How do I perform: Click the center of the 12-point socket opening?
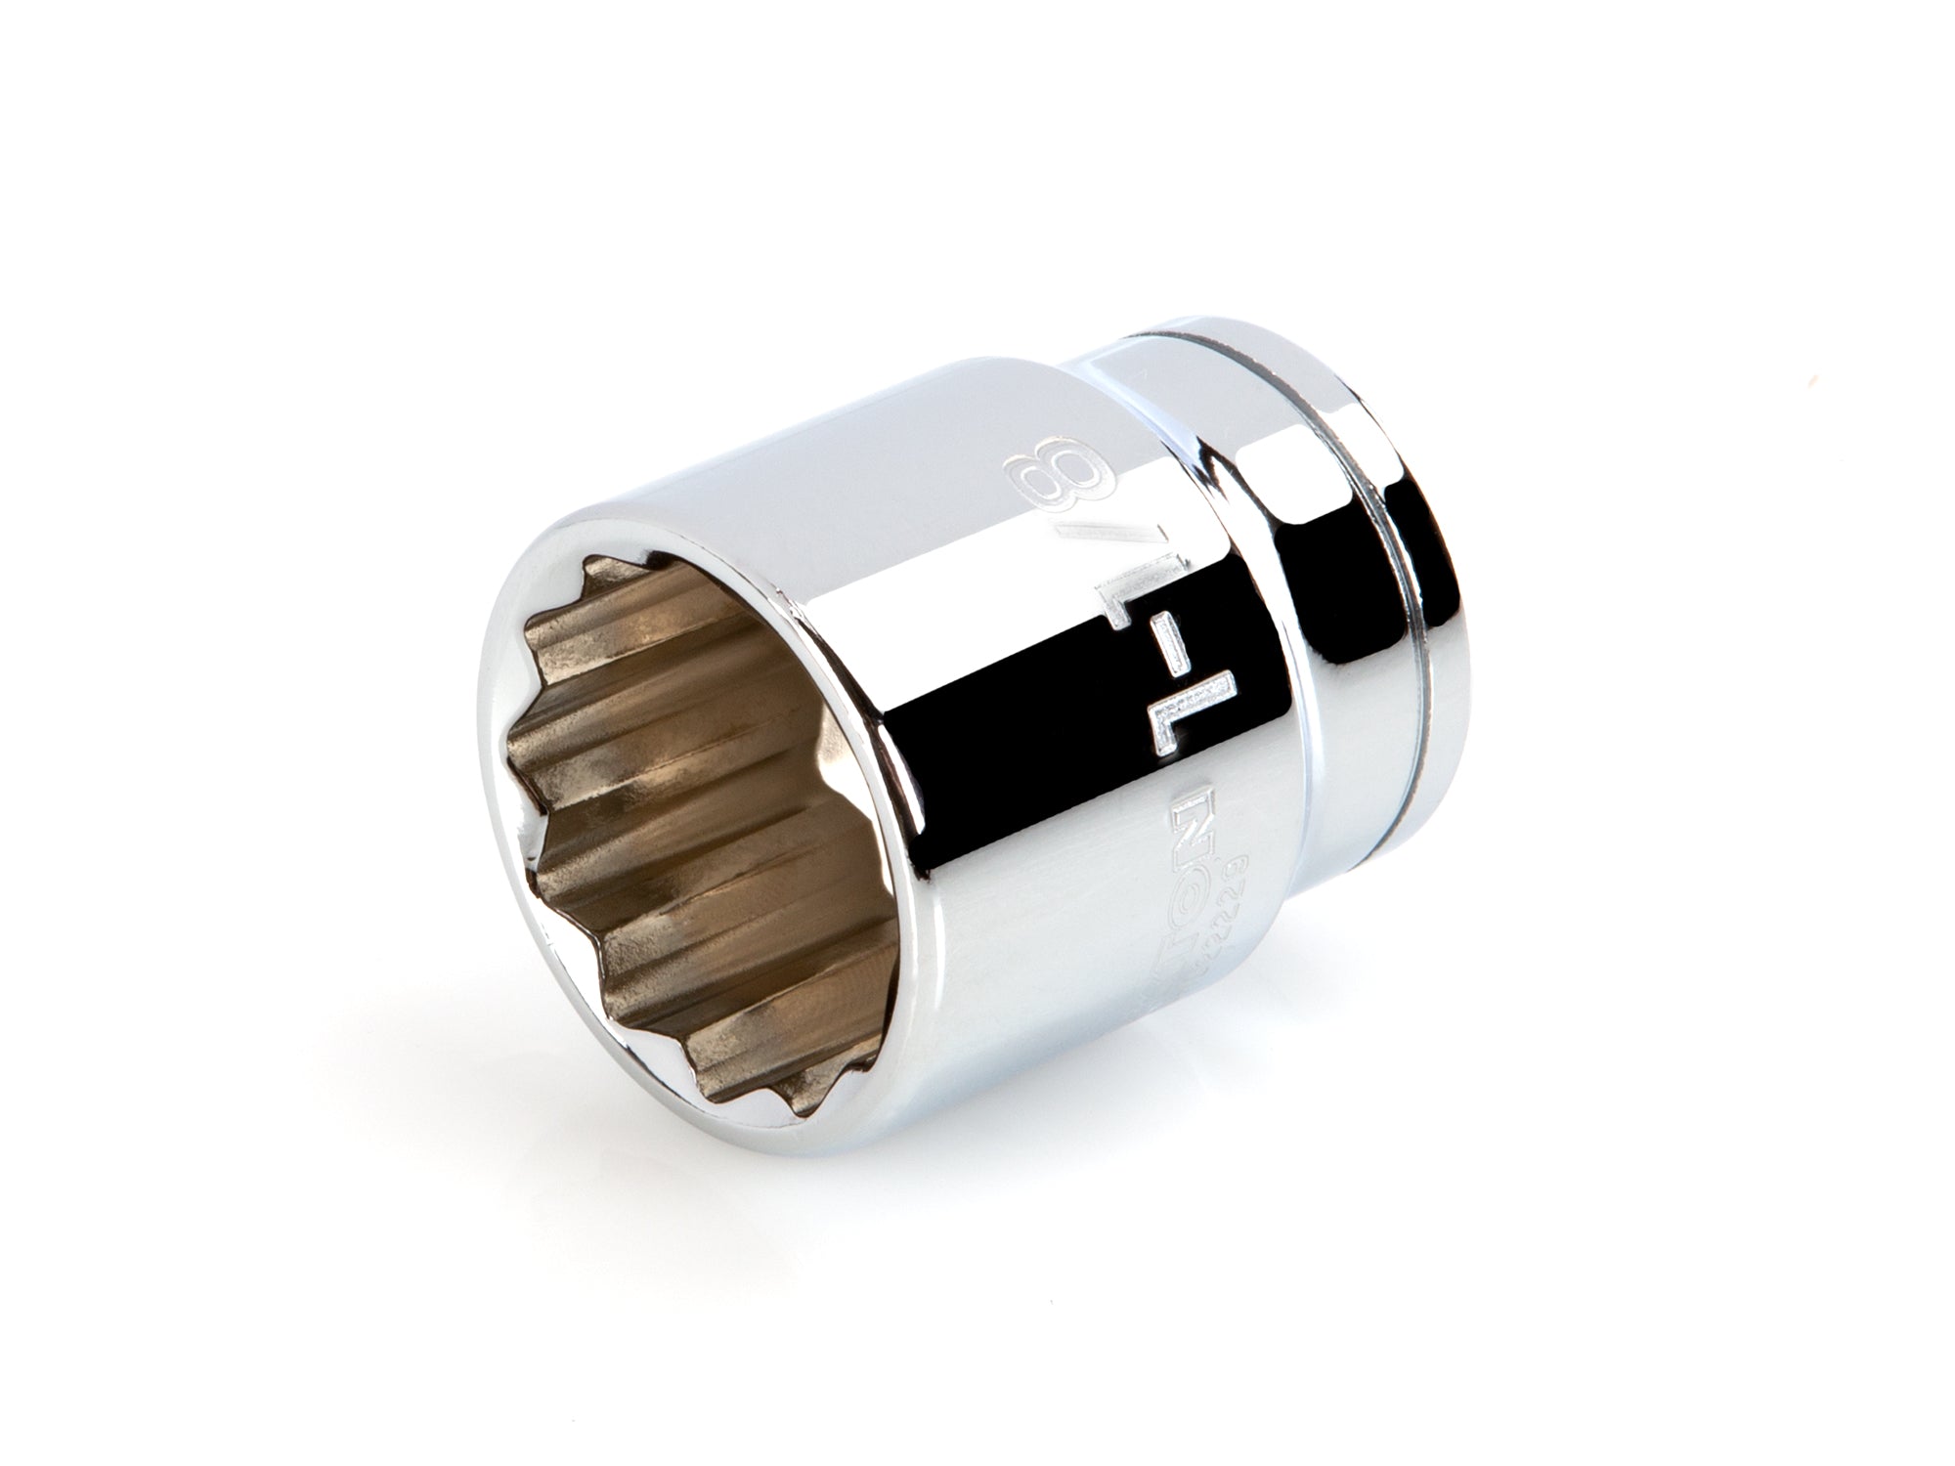coord(684,782)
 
